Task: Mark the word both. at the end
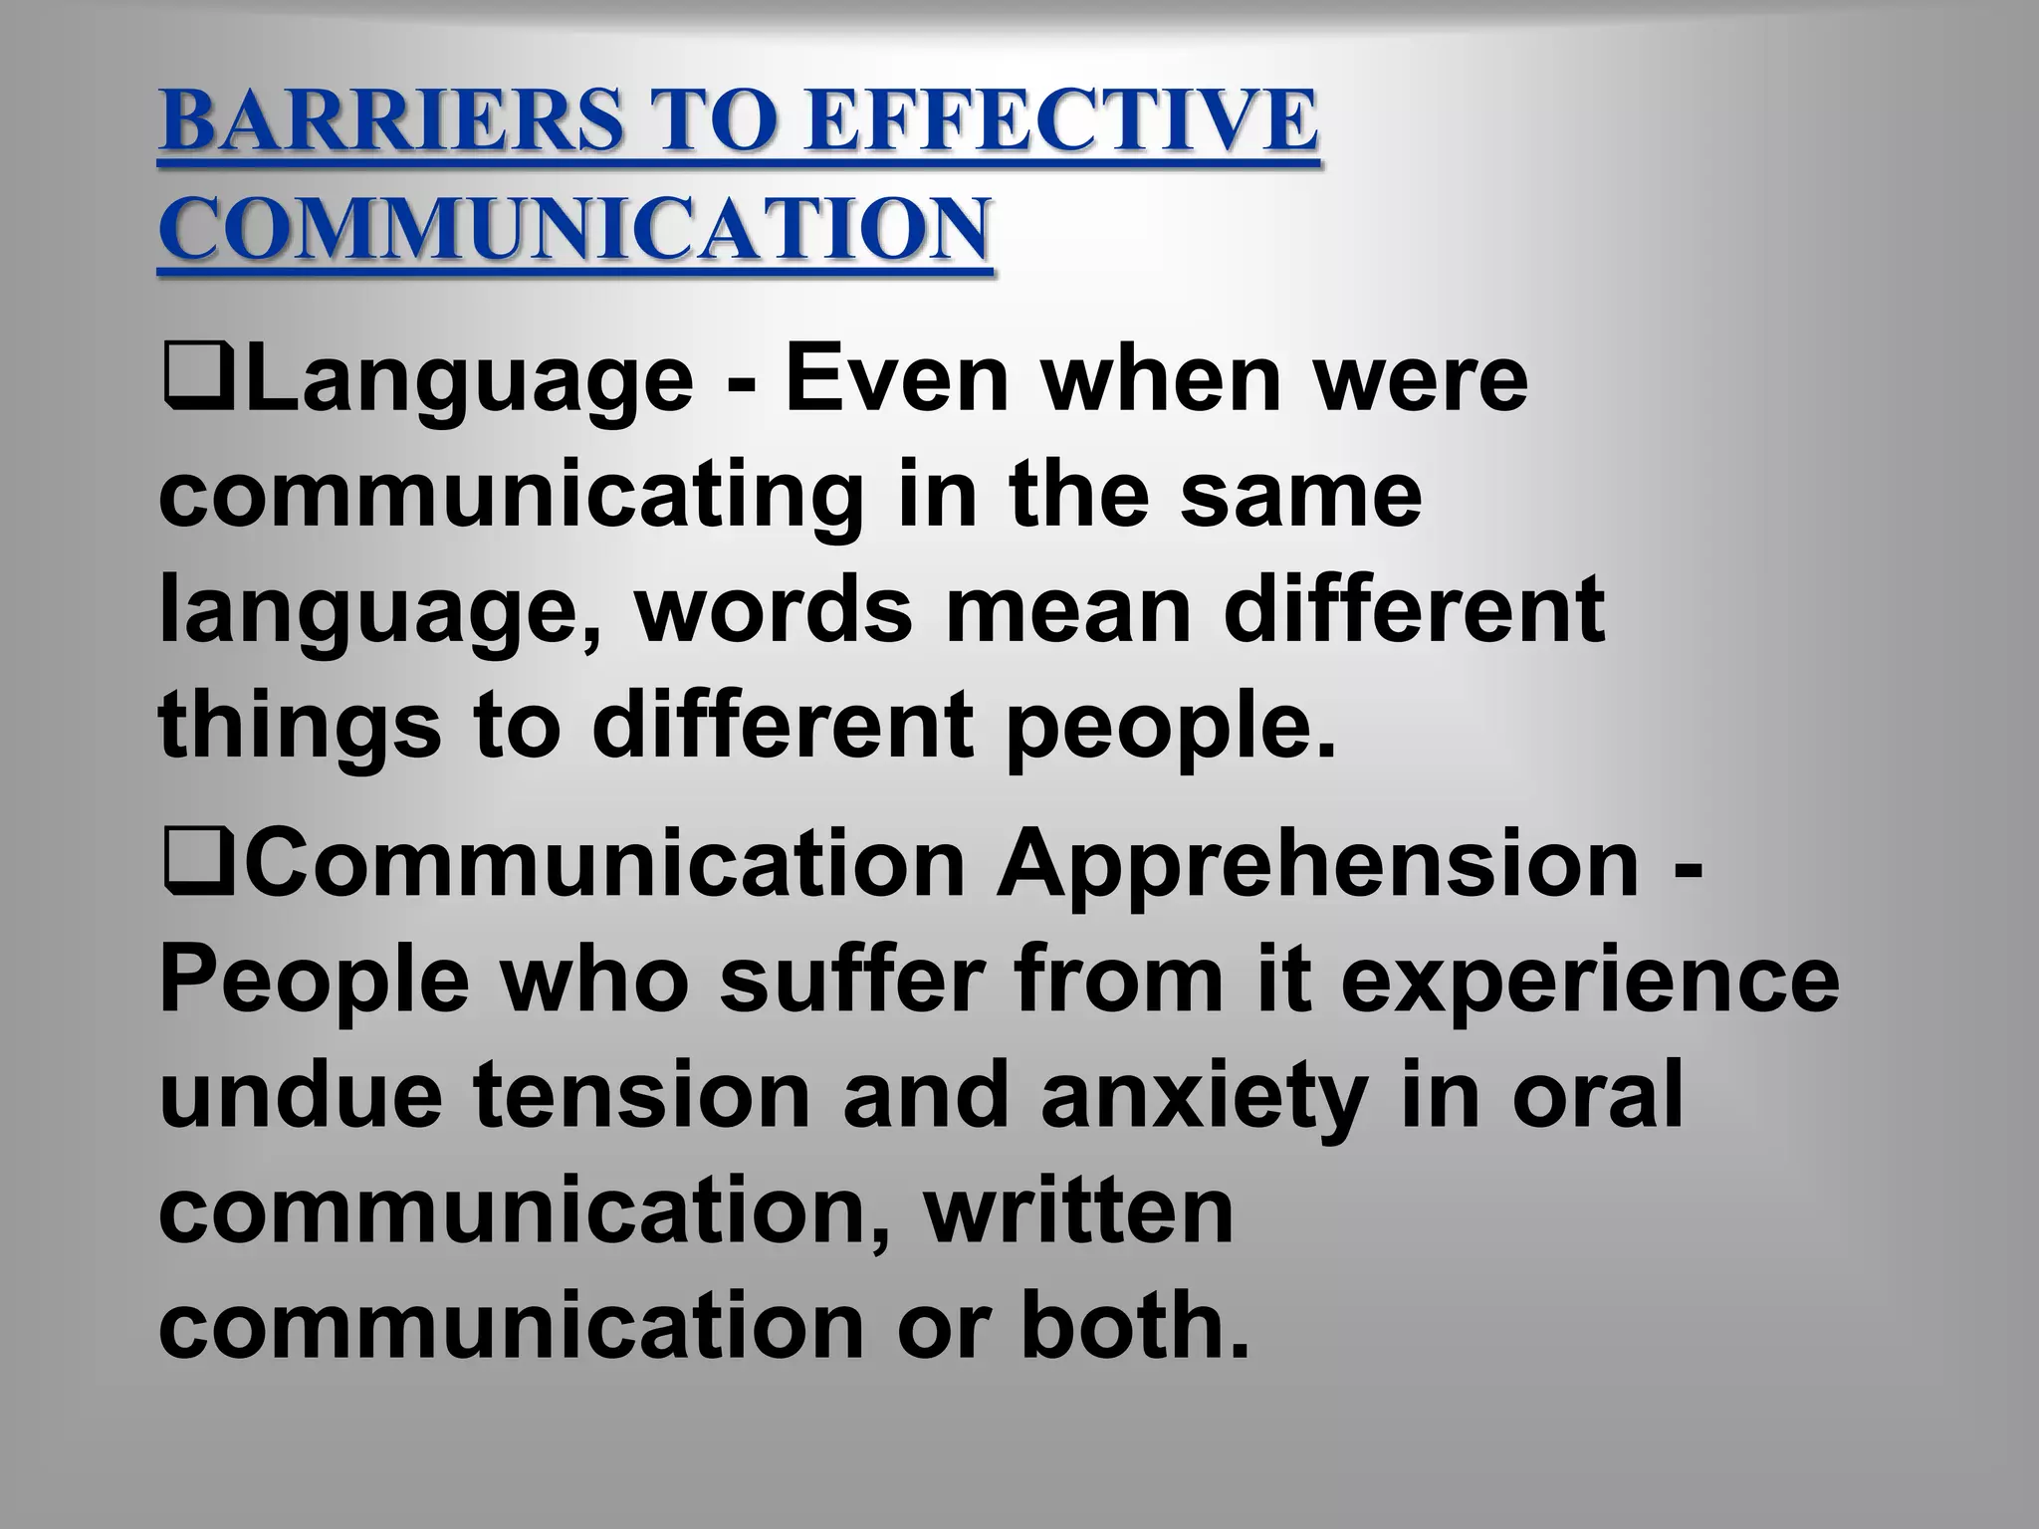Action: pyautogui.click(x=1134, y=1326)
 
